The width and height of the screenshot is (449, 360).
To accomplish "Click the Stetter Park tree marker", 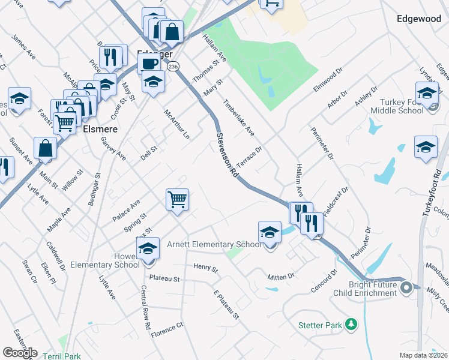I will [x=351, y=325].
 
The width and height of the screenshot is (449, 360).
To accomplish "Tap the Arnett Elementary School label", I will [x=214, y=244].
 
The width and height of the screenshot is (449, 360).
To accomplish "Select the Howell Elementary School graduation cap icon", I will [x=148, y=249].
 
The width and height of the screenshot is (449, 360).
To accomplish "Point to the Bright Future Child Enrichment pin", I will [x=406, y=289].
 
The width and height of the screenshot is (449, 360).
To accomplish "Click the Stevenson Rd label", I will [x=228, y=155].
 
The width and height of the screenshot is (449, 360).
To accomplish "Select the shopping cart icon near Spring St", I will [x=178, y=199].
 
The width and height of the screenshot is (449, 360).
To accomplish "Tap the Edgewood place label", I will [x=419, y=19].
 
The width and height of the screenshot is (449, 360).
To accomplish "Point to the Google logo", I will [x=20, y=352].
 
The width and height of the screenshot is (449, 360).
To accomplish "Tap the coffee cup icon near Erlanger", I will [x=149, y=63].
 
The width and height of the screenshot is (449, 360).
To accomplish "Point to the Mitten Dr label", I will [x=281, y=276].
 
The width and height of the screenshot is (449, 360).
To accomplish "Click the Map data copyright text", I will [x=424, y=355].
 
